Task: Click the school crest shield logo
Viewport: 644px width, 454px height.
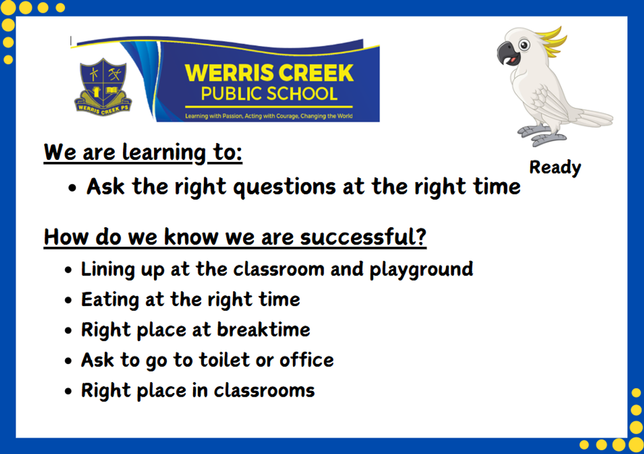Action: [103, 87]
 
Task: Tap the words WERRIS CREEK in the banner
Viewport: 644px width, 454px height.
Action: [269, 73]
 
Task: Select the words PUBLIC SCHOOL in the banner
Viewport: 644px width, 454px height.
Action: [269, 94]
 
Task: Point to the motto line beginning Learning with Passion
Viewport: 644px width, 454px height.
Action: [269, 116]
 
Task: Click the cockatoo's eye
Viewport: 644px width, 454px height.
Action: [524, 45]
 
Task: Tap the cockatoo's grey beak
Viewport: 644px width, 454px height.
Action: [507, 53]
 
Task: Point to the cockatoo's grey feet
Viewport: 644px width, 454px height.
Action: [540, 135]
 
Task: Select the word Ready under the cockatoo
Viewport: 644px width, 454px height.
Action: [555, 167]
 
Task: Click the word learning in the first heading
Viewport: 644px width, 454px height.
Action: [164, 152]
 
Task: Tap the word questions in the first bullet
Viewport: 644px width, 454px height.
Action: [284, 187]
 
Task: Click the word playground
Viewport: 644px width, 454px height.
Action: [421, 270]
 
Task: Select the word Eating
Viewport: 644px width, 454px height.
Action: [110, 300]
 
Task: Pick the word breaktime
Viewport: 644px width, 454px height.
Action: [264, 329]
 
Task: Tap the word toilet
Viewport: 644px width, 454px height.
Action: [224, 360]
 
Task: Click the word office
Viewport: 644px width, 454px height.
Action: [306, 360]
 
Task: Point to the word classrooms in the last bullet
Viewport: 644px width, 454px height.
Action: [264, 391]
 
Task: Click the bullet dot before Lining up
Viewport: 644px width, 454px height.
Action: [68, 270]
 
